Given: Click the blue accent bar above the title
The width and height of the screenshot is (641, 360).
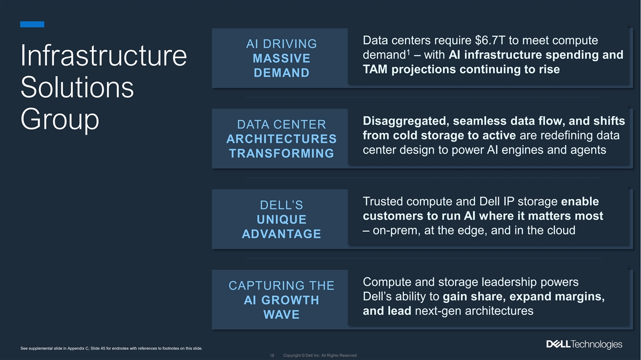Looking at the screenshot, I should tap(32, 24).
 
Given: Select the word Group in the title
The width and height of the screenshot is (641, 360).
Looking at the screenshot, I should tap(60, 121).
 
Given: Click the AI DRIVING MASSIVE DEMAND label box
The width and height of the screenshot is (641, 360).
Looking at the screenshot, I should tap(281, 58).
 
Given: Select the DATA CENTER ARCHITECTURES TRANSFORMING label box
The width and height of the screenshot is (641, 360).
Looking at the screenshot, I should tap(281, 139).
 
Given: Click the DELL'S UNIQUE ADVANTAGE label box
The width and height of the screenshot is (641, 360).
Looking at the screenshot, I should tap(281, 220).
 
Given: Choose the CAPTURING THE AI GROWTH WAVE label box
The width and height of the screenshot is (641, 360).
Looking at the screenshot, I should tap(281, 300).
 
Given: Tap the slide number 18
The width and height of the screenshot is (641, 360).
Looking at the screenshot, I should tap(272, 356).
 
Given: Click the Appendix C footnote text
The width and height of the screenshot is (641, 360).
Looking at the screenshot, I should tap(111, 349).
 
